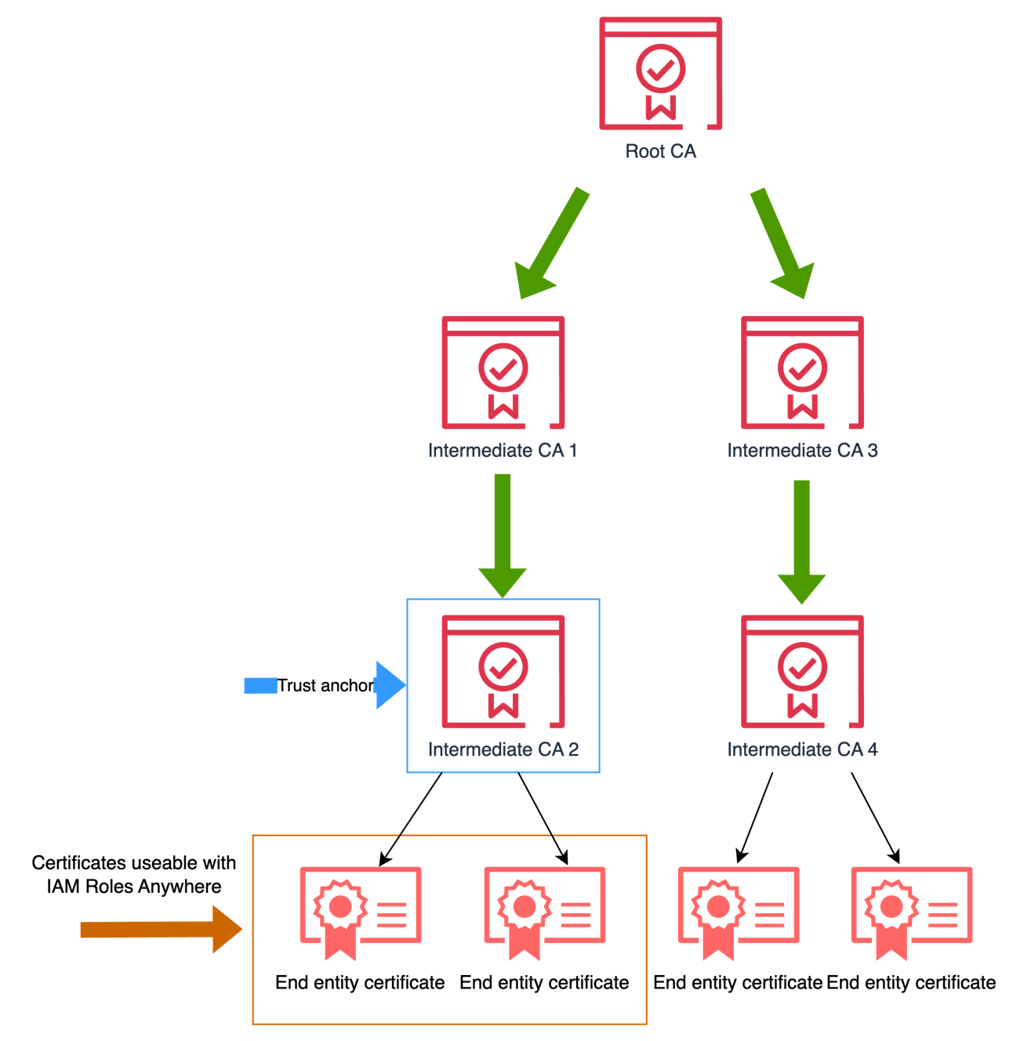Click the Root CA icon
[660, 74]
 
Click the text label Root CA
[660, 151]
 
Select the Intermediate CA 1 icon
[503, 372]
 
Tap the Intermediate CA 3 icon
[802, 372]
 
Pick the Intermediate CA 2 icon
[503, 672]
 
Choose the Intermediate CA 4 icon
[802, 672]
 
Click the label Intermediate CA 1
[502, 451]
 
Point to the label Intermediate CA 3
[802, 451]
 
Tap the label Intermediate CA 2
[503, 750]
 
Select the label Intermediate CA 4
[802, 750]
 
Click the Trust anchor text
[325, 686]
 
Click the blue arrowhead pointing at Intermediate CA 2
[390, 685]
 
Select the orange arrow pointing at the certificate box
[161, 930]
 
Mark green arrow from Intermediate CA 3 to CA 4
[801, 542]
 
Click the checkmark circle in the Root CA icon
[660, 69]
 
